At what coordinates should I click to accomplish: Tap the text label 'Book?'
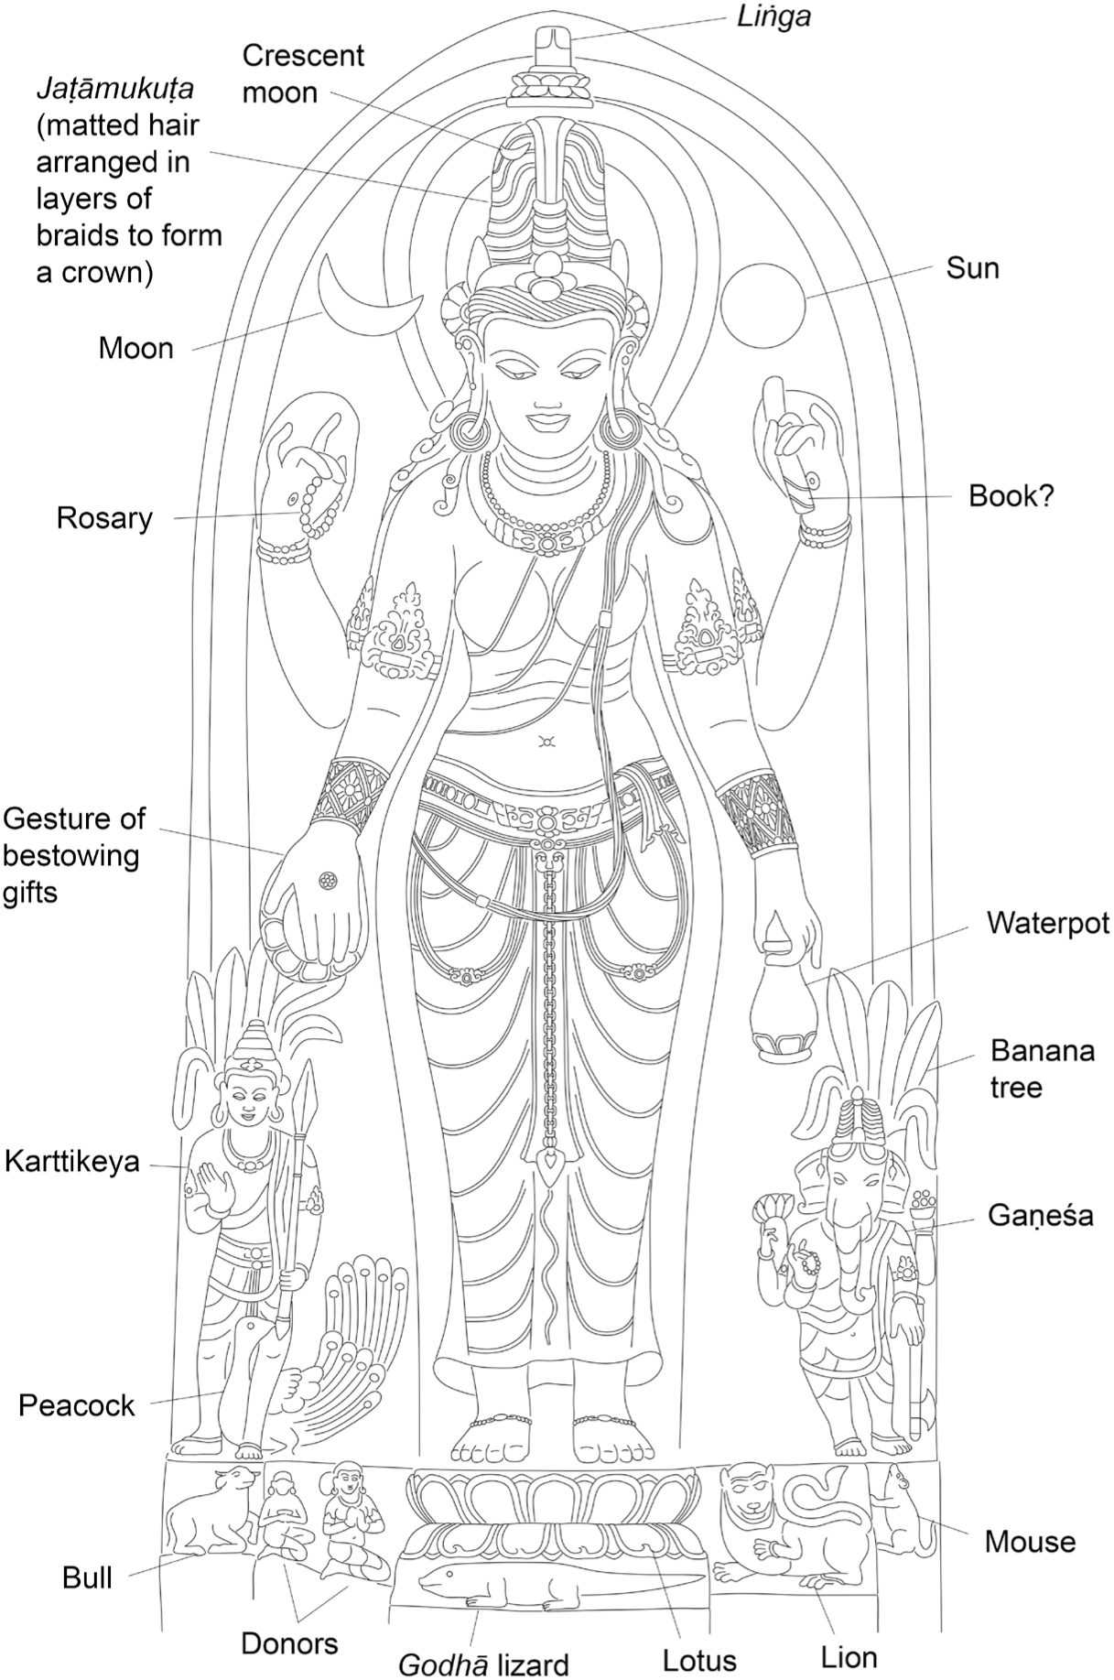click(x=1011, y=497)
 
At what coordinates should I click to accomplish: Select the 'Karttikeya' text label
click(x=72, y=1162)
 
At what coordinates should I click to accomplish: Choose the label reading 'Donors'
click(x=289, y=1643)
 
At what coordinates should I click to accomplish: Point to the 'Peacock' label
click(x=77, y=1405)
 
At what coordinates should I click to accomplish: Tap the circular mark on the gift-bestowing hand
click(x=324, y=881)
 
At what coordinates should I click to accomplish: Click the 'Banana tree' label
click(x=1043, y=1068)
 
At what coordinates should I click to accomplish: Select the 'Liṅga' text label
click(x=773, y=16)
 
